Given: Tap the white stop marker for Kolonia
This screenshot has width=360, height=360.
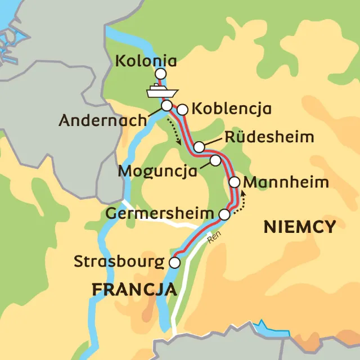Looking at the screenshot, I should click(x=161, y=74).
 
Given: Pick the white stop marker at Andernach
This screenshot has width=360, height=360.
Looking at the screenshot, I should click(x=166, y=105).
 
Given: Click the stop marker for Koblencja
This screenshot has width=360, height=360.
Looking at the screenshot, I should click(x=182, y=110).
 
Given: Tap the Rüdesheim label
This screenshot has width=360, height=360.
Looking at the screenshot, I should click(x=268, y=138).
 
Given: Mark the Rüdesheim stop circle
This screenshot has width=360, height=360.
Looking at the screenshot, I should click(x=199, y=147).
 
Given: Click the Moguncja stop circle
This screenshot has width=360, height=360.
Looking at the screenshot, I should click(x=215, y=161).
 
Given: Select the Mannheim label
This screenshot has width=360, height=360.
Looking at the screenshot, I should click(x=287, y=183).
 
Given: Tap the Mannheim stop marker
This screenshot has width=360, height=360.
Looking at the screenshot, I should click(x=235, y=182).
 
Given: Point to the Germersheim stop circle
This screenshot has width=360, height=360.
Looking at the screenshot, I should click(x=224, y=214).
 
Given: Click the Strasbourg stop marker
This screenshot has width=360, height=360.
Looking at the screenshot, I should click(x=175, y=263).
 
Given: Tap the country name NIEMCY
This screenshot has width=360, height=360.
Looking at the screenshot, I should click(x=300, y=227).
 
